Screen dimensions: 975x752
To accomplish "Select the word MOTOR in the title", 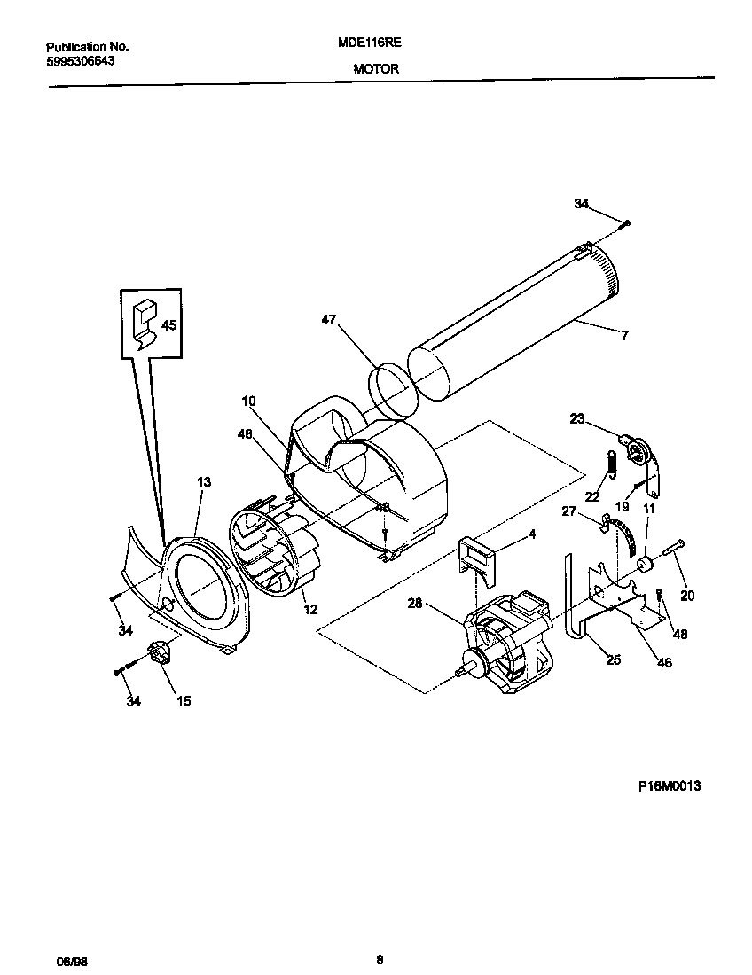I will (x=375, y=68).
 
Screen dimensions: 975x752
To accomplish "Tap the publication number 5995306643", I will (x=79, y=61).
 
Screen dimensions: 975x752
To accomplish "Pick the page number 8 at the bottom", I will (x=380, y=958).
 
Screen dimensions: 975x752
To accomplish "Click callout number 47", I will (x=329, y=321).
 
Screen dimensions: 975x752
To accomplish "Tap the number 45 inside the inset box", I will (x=168, y=324).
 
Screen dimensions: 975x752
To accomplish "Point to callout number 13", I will (x=204, y=481).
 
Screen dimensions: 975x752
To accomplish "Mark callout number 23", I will (x=576, y=419).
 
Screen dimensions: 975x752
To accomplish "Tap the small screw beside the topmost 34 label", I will (x=627, y=223).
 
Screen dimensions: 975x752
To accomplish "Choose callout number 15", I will (x=184, y=701).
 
